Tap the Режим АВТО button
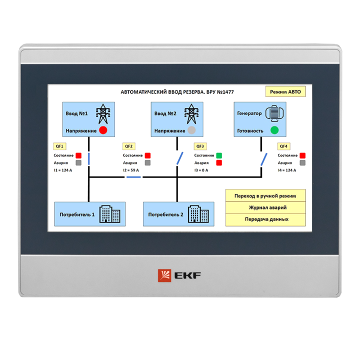click(x=285, y=92)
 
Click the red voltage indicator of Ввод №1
click(x=103, y=130)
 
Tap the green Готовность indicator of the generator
click(x=274, y=130)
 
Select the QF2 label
click(x=129, y=146)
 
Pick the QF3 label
click(x=200, y=146)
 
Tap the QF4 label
click(x=283, y=146)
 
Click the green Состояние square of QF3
click(x=219, y=155)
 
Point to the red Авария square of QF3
click(x=219, y=163)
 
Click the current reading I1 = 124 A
click(x=63, y=170)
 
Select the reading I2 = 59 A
click(x=131, y=170)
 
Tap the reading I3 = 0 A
click(x=201, y=170)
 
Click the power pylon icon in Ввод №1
click(x=102, y=113)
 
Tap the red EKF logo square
click(x=164, y=275)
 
